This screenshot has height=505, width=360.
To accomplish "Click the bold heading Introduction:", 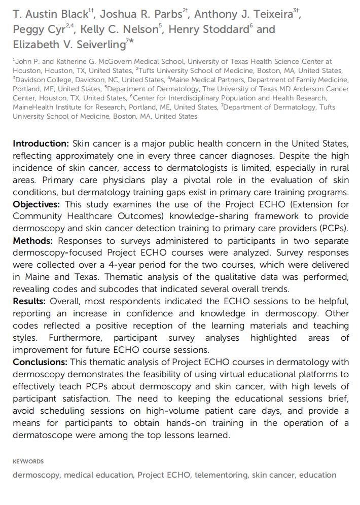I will (x=41, y=143).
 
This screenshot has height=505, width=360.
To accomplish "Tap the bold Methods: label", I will (x=33, y=240).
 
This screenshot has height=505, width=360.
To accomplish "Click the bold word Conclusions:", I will (x=40, y=362).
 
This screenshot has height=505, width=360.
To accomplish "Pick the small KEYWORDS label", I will (x=28, y=461).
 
